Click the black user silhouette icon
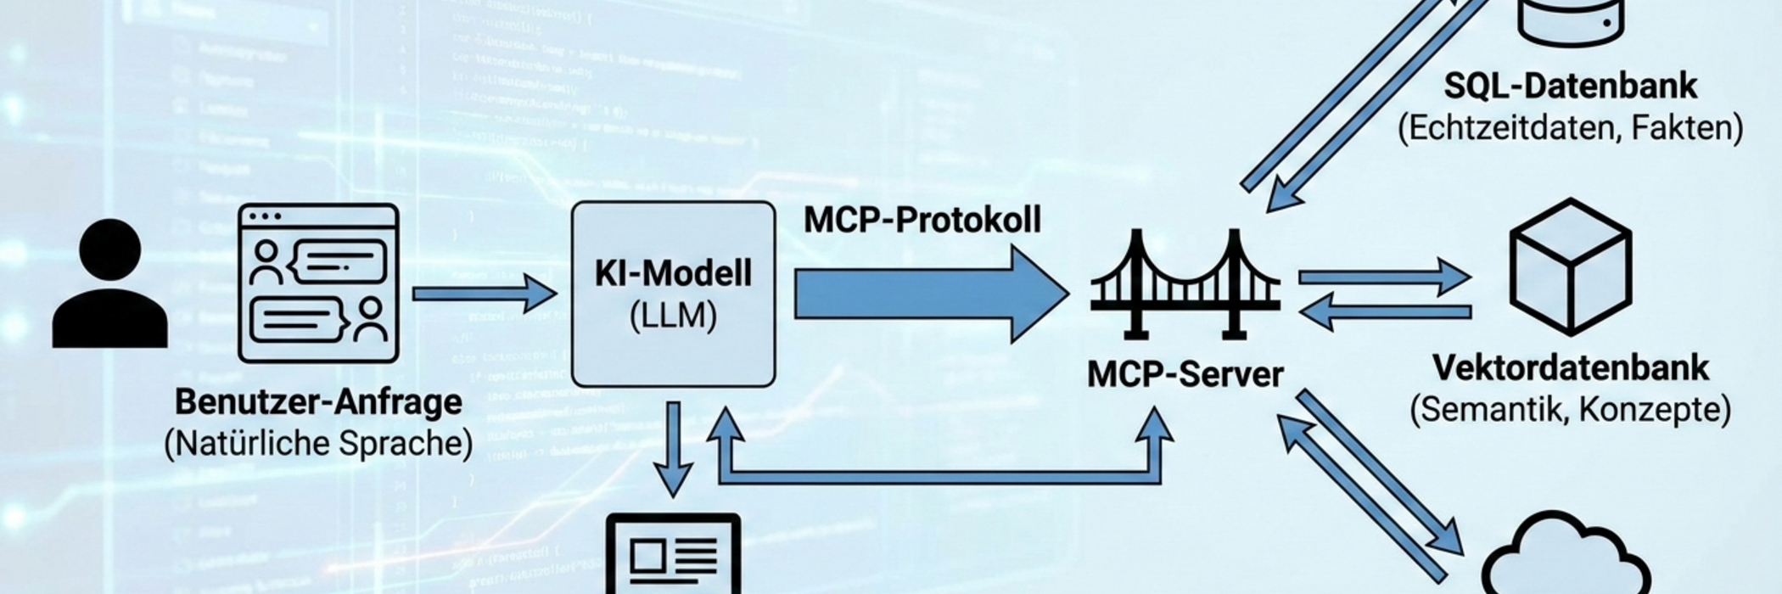tap(109, 284)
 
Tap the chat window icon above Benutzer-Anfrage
tap(318, 283)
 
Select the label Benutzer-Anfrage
tap(318, 401)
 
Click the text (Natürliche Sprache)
tap(318, 444)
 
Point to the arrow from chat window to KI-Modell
tap(484, 294)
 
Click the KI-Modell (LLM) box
tap(673, 294)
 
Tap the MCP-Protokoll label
tap(922, 220)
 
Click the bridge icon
tap(1185, 284)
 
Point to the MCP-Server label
tap(1185, 374)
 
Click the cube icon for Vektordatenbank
tap(1570, 266)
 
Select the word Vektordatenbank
tap(1570, 367)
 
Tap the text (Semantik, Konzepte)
tap(1570, 410)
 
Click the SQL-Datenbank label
tap(1570, 86)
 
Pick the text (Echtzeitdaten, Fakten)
tap(1570, 128)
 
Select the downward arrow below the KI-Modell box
tap(674, 450)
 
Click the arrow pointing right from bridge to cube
tap(1383, 277)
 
